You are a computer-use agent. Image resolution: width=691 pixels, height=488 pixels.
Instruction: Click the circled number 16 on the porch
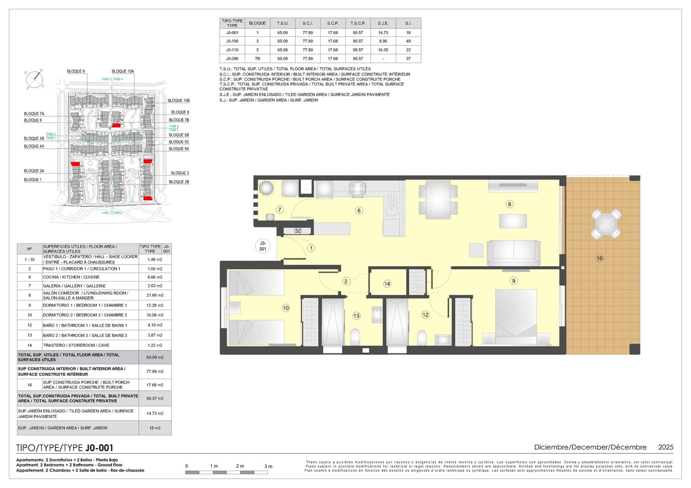599,258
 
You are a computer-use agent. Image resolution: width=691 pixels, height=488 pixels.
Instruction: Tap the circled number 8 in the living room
510,204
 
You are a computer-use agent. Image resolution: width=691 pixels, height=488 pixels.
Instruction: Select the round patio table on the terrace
606,224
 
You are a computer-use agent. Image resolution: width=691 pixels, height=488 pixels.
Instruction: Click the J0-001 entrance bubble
263,246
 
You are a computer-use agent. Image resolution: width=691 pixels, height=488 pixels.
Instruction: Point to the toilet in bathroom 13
355,337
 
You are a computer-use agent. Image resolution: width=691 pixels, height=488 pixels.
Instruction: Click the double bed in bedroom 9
516,317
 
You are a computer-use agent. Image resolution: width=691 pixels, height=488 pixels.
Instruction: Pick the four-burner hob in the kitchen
358,189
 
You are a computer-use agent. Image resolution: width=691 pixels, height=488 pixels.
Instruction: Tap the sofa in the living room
513,253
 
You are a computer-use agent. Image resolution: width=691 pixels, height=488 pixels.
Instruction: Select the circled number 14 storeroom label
387,283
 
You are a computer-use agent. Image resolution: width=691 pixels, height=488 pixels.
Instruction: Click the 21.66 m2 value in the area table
155,295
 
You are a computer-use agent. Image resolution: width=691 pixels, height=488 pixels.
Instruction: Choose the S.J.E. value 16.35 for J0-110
383,50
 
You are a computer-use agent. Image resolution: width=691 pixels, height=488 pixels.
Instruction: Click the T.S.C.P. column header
358,23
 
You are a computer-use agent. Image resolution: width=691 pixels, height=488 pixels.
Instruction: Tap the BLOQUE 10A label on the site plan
123,71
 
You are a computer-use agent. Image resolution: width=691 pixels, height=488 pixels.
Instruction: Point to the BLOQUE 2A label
34,171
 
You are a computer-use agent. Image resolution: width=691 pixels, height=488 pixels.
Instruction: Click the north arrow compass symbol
34,79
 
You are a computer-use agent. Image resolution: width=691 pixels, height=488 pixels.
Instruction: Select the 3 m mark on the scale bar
268,466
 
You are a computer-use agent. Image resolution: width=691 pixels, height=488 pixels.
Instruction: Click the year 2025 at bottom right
666,447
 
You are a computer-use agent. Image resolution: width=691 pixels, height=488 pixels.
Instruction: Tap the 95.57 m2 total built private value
155,398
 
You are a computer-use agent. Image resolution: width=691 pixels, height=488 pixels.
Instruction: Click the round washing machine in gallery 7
266,188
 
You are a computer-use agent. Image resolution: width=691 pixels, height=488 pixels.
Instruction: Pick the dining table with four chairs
438,199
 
